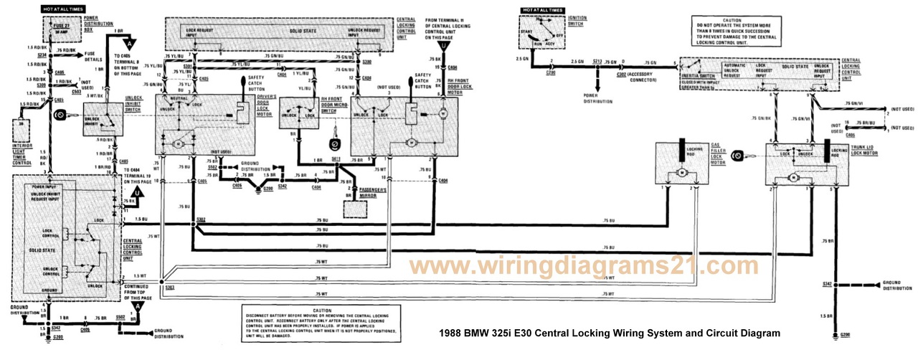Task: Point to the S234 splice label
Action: [x=41, y=55]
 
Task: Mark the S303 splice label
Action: [x=169, y=288]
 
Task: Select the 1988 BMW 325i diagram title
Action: [x=607, y=333]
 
